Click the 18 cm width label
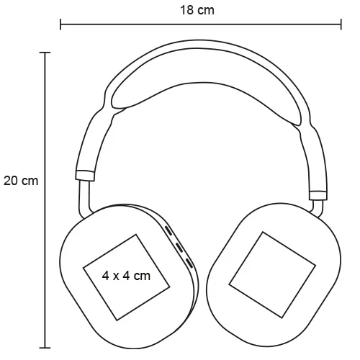click(197, 10)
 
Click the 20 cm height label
click(20, 181)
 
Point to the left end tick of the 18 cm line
click(60, 27)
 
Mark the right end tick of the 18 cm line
click(341, 27)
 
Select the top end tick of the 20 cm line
click(46, 53)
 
